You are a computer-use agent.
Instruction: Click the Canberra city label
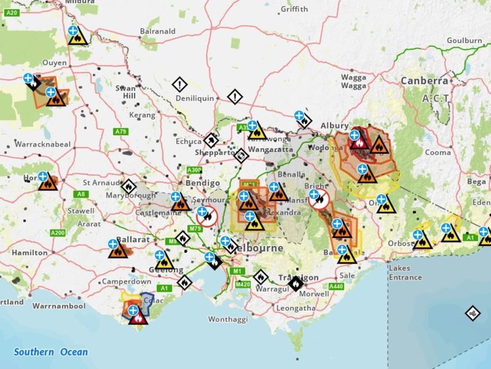pyautogui.click(x=424, y=81)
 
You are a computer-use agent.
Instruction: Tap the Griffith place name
pyautogui.click(x=295, y=9)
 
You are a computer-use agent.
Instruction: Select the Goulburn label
pyautogui.click(x=464, y=40)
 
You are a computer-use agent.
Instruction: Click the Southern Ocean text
pyautogui.click(x=51, y=352)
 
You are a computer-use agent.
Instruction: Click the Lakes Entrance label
pyautogui.click(x=406, y=273)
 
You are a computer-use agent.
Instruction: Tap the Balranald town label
pyautogui.click(x=158, y=31)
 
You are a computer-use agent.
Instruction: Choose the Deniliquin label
pyautogui.click(x=195, y=98)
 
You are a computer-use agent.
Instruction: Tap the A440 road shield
pyautogui.click(x=336, y=286)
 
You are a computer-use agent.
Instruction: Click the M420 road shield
pyautogui.click(x=243, y=283)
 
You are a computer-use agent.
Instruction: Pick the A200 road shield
pyautogui.click(x=58, y=233)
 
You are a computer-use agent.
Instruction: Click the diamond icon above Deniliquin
pyautogui.click(x=180, y=84)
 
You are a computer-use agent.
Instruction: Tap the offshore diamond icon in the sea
pyautogui.click(x=473, y=313)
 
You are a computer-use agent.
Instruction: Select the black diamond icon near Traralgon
pyautogui.click(x=295, y=283)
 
